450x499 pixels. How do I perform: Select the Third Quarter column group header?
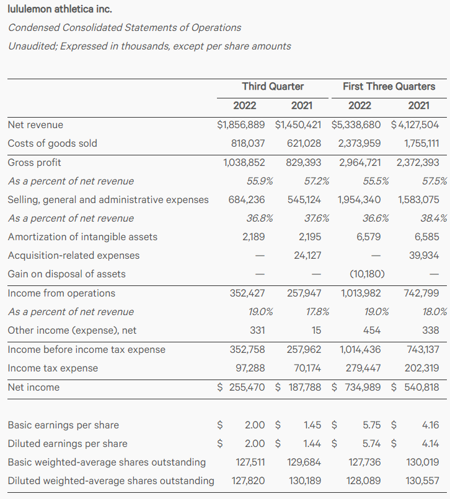273,86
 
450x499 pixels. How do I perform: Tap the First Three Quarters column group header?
389,86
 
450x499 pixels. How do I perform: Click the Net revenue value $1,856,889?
241,124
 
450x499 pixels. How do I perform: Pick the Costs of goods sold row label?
52,143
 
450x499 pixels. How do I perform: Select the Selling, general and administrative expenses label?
108,199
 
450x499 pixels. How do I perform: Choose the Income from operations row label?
61,293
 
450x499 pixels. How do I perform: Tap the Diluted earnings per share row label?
67,443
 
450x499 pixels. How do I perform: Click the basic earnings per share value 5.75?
371,425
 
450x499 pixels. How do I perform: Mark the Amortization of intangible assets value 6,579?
369,236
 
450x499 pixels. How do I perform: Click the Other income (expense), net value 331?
257,330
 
